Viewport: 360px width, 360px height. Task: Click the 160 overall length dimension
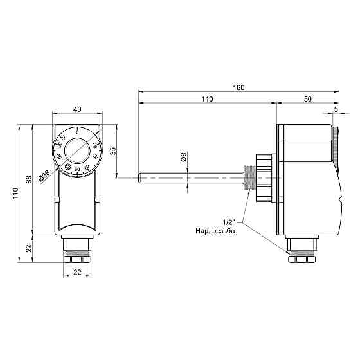click(239, 87)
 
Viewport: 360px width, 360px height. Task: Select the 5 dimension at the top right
click(336, 110)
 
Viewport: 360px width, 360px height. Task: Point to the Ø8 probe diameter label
click(183, 157)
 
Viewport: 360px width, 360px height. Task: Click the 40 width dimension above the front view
click(77, 109)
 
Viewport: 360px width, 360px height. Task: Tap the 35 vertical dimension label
click(113, 151)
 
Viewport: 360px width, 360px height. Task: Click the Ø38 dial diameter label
click(44, 175)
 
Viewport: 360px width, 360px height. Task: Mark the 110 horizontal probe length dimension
click(207, 100)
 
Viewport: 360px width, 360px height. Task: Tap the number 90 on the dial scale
click(95, 145)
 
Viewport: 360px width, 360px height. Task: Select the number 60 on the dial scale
click(78, 169)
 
